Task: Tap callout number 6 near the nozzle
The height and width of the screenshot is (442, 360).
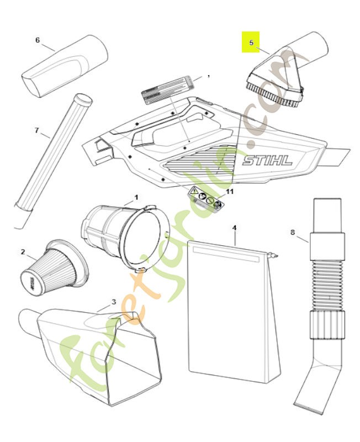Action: tap(38, 40)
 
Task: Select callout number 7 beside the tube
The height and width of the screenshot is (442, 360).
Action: tap(37, 130)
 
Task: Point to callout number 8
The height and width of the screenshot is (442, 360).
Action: tap(293, 233)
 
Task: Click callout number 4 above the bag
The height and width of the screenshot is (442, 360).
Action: tap(234, 227)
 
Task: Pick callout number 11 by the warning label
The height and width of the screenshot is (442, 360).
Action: tap(230, 191)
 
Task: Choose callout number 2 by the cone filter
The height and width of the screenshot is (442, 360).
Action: tap(23, 252)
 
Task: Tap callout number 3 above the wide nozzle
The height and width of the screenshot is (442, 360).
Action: tap(114, 302)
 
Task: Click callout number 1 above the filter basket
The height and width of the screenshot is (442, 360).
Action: tap(136, 197)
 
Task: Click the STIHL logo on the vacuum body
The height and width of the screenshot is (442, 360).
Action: tap(268, 161)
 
